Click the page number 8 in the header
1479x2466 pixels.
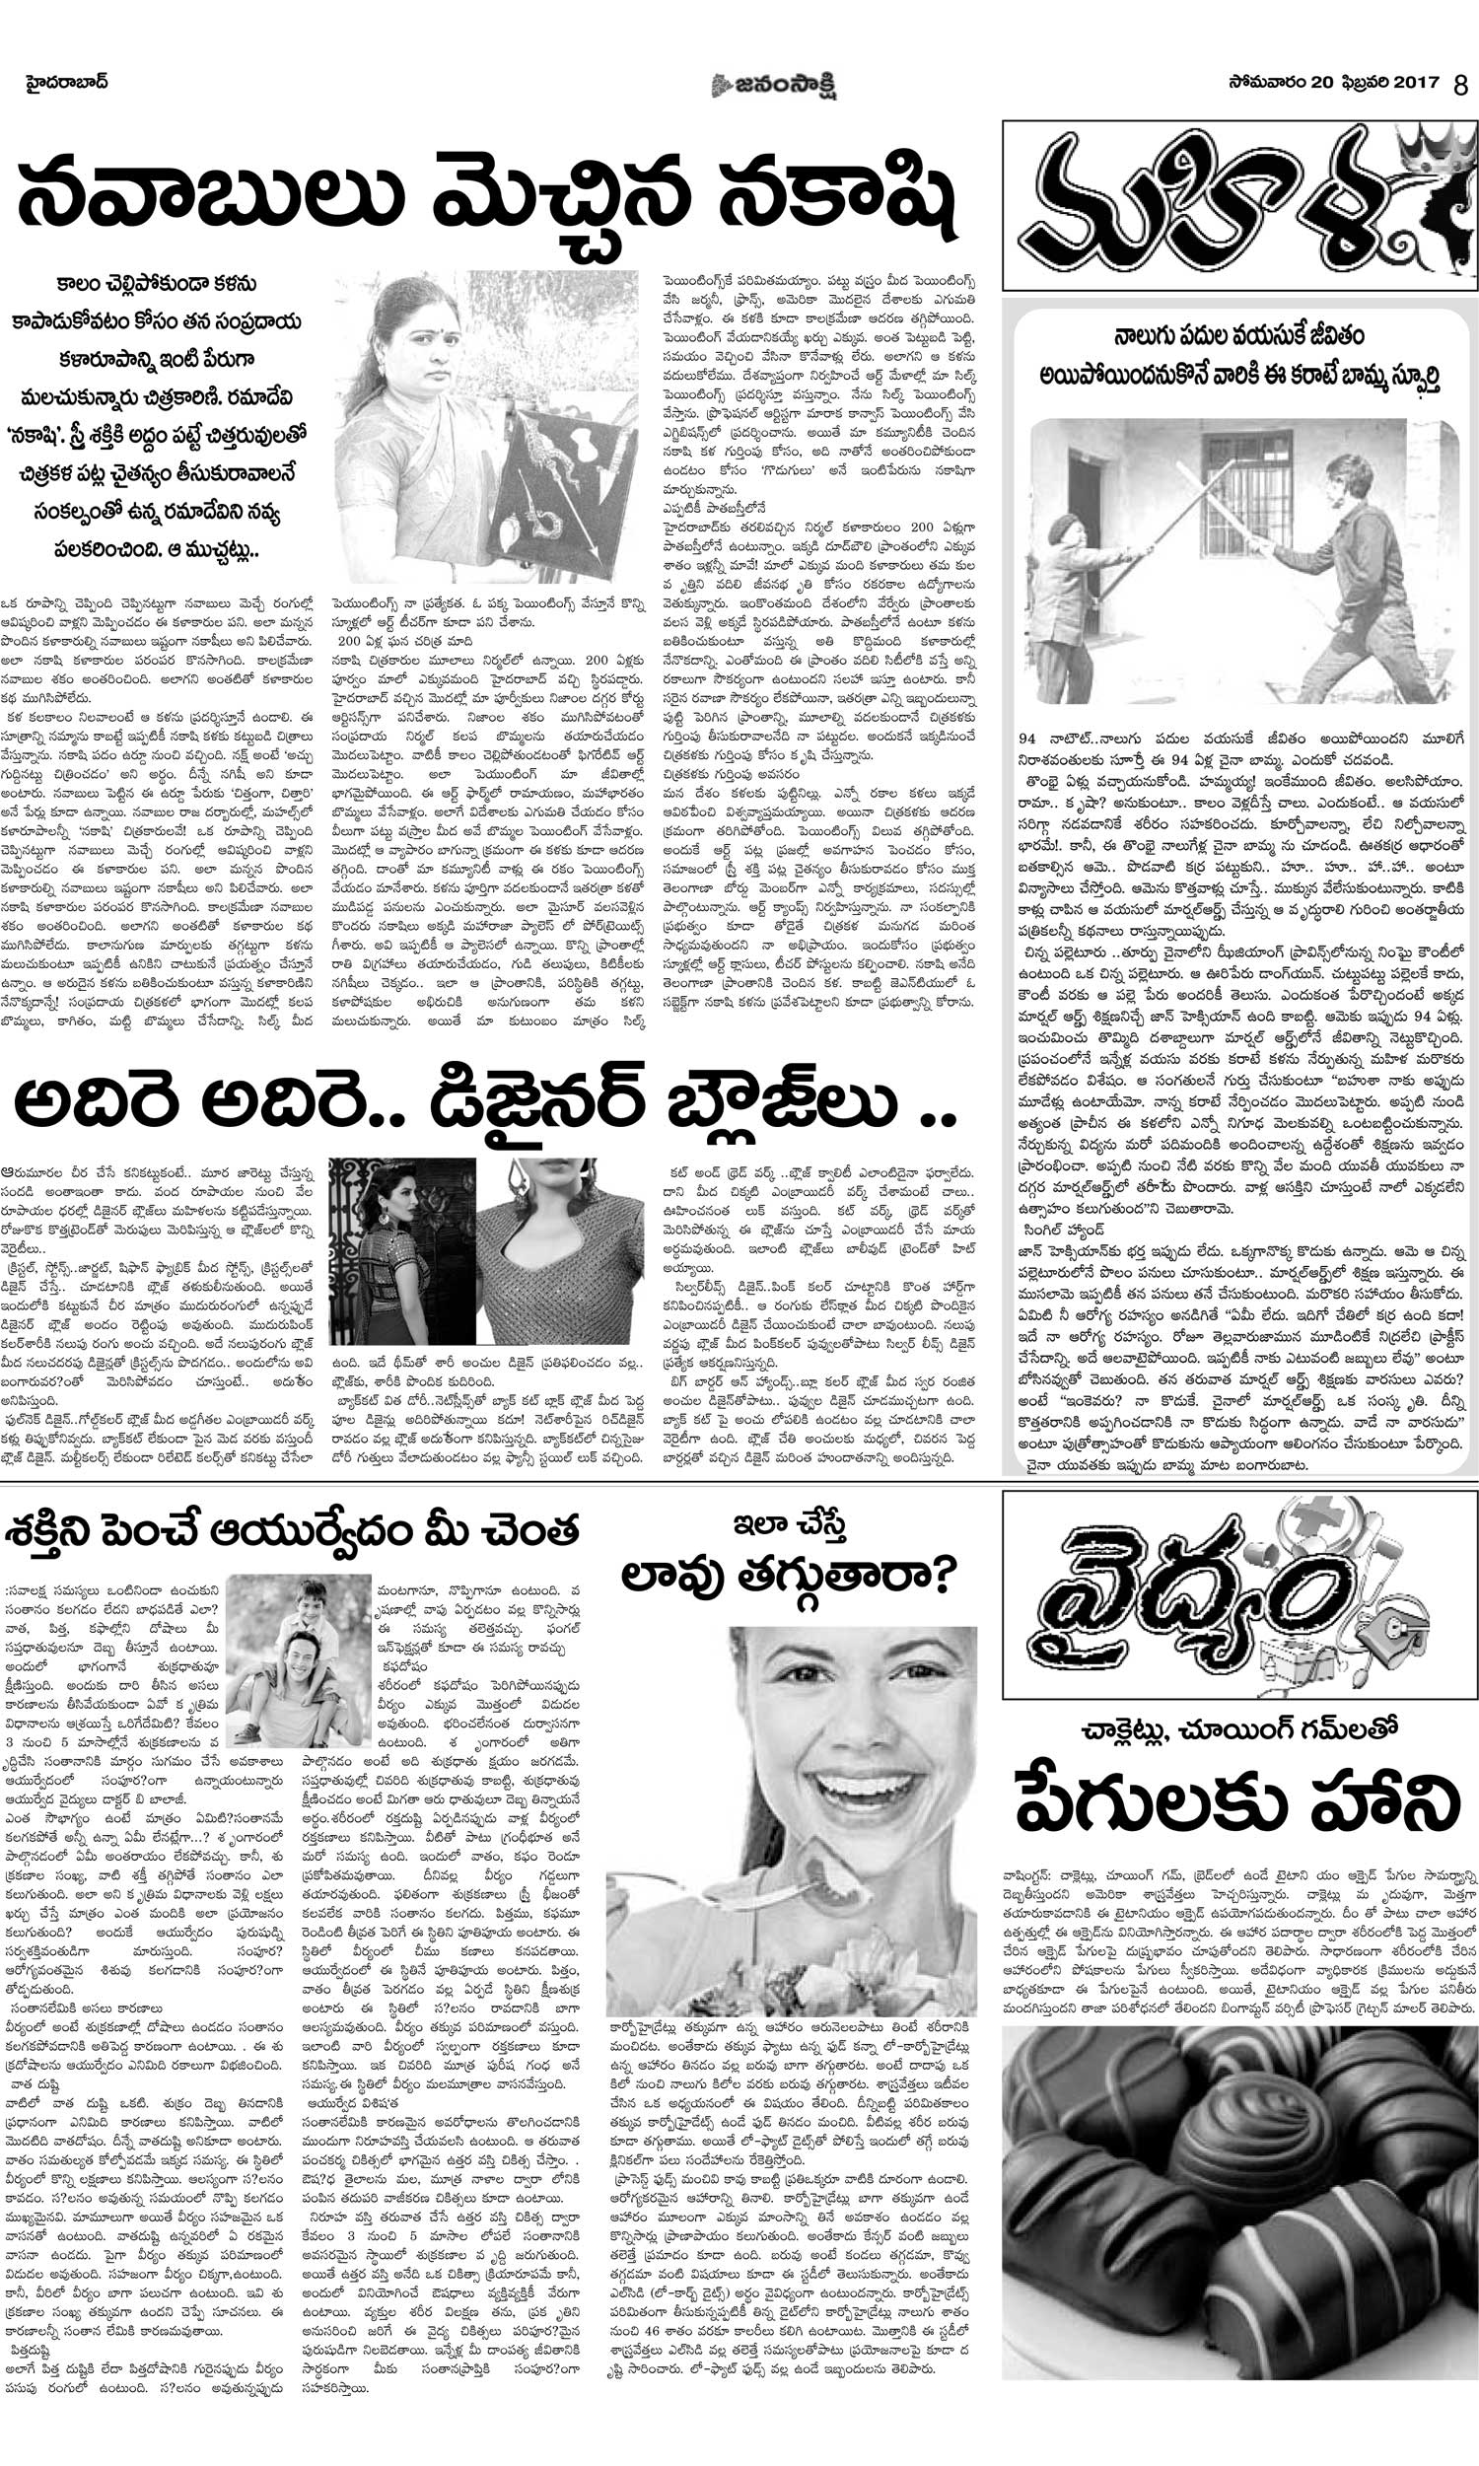[x=1460, y=85]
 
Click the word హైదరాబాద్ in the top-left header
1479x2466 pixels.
[x=67, y=82]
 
